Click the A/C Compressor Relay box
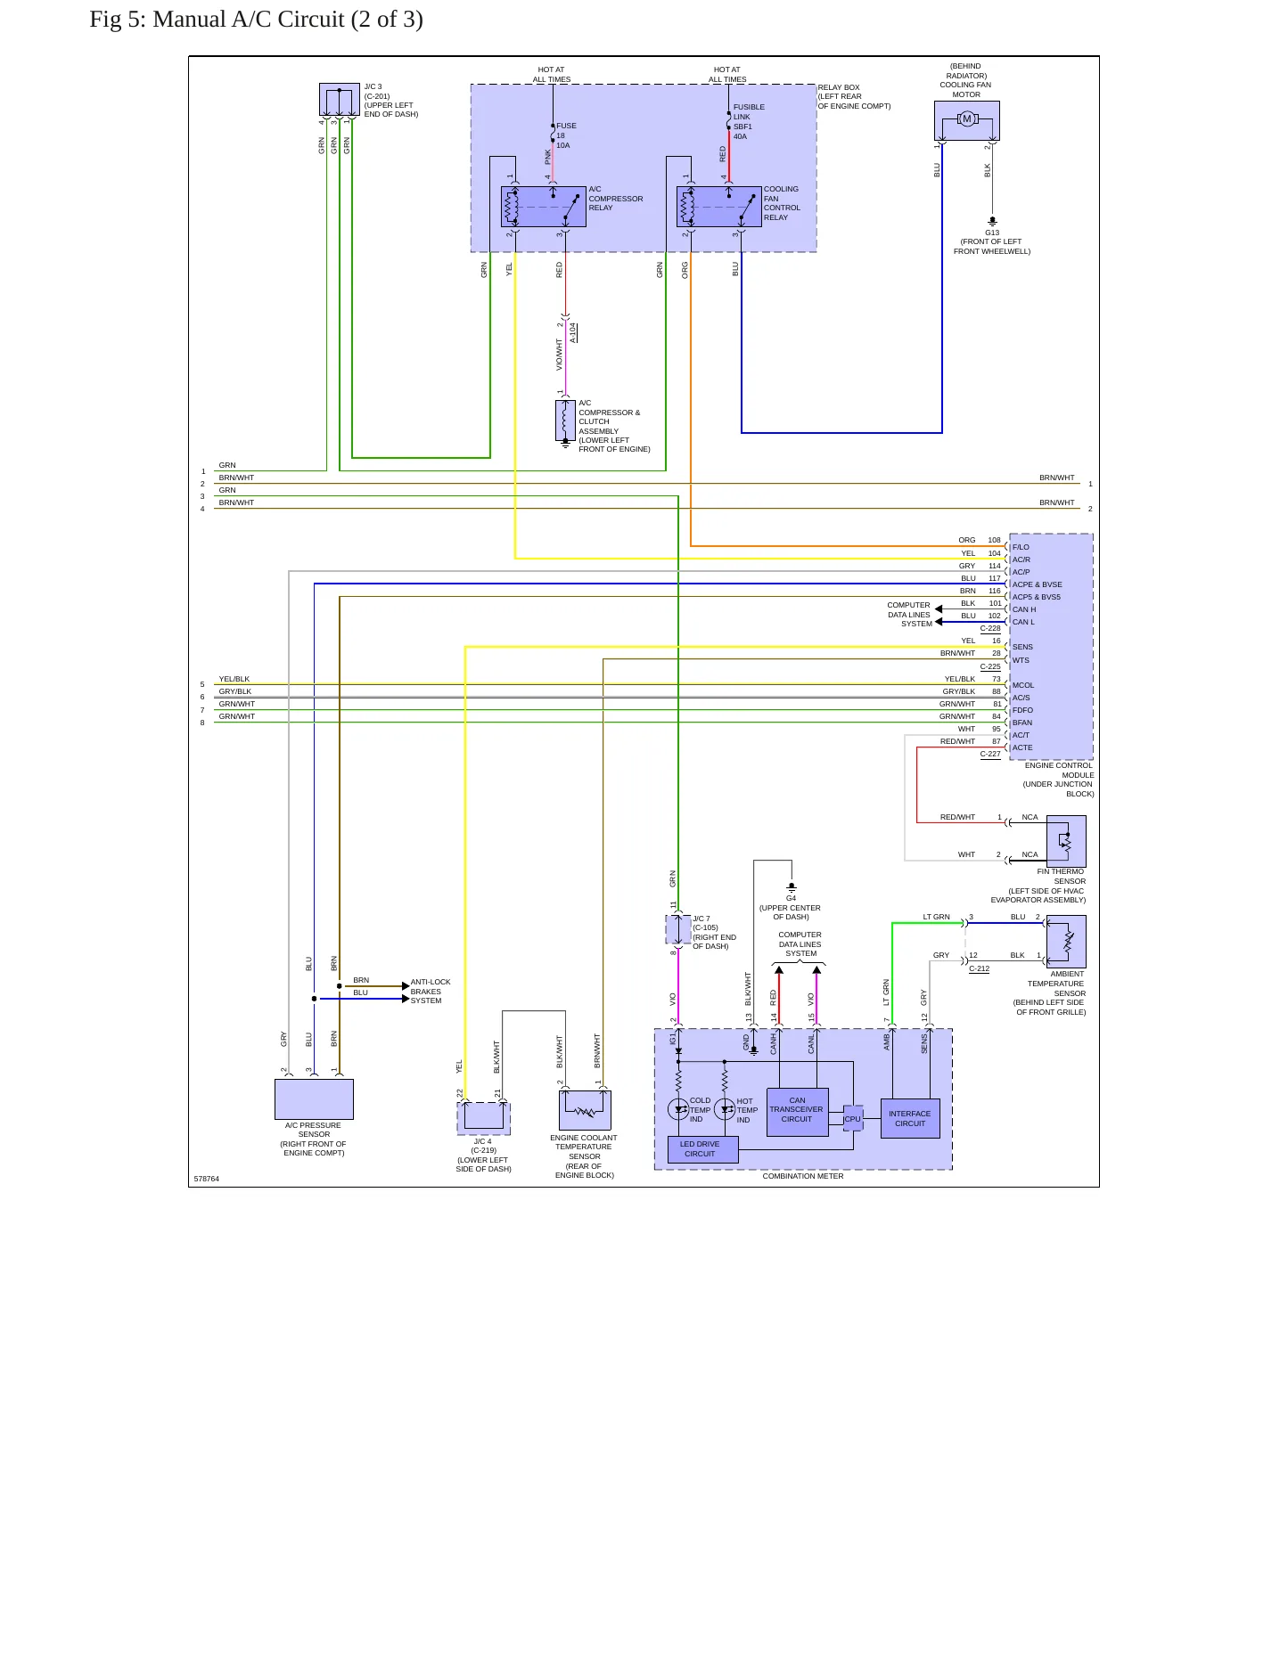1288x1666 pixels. tap(543, 207)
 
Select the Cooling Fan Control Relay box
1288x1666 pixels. tap(718, 207)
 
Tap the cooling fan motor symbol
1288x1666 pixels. tap(966, 120)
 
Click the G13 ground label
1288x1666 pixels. tap(992, 233)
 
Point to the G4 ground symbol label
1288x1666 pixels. tap(791, 898)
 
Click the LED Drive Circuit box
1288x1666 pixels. tap(702, 1149)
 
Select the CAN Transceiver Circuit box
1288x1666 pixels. tap(797, 1111)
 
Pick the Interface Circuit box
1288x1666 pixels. tap(910, 1118)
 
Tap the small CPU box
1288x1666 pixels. tap(853, 1118)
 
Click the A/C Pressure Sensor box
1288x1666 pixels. tap(314, 1099)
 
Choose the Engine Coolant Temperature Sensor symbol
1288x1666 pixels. tap(585, 1110)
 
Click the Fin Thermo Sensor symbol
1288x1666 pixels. tap(1066, 841)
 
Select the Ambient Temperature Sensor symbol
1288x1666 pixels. tap(1066, 942)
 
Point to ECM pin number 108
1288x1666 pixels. tap(994, 540)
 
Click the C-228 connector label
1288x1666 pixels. tap(990, 628)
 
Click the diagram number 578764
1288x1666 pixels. tap(206, 1179)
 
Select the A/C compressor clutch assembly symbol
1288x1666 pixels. tap(565, 421)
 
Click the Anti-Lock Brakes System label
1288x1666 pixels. tap(431, 992)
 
